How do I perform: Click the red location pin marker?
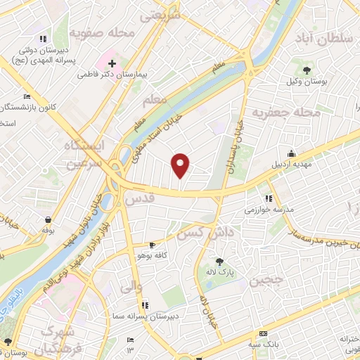coord(181,165)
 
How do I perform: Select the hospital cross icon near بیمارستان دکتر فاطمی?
coord(111,63)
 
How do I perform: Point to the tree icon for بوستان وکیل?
coord(307,69)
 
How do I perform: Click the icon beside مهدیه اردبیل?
coord(291,154)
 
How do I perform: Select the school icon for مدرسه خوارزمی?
coord(268,198)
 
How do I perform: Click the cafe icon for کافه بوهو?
coord(153,245)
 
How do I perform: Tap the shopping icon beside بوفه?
coord(46,219)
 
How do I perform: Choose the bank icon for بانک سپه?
coord(263,333)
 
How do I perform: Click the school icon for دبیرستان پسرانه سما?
coord(145,304)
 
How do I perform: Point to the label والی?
coord(131,286)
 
